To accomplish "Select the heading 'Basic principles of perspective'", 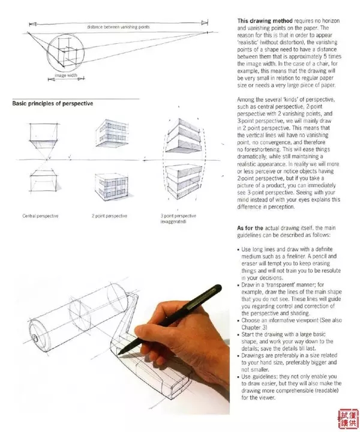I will [53, 103].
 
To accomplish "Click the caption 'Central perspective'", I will [40, 215].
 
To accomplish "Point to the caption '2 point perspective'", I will [109, 215].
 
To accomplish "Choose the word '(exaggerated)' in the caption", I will [173, 222].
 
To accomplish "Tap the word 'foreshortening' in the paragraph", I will [267, 152].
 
